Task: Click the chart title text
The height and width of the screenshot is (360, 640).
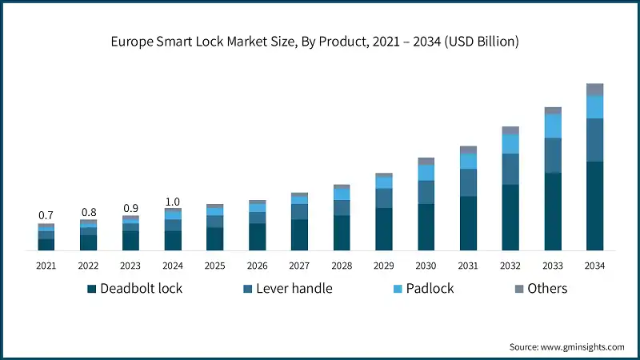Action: pos(320,42)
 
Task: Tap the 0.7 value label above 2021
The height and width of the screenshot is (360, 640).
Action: pos(46,215)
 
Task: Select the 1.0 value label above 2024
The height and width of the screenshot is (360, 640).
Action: pos(173,201)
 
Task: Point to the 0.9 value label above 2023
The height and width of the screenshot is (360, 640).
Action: pos(130,208)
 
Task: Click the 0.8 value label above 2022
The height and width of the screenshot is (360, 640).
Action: pos(88,212)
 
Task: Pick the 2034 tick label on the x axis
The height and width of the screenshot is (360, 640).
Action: pos(594,266)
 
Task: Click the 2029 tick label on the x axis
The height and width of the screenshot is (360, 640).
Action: pos(384,266)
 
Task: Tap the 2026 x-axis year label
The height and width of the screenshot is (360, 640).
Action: pos(258,266)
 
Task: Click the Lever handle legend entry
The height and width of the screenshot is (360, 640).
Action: pos(286,289)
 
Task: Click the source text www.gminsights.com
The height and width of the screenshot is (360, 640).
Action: pos(566,347)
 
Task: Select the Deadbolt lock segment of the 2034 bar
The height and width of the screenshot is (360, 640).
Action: pos(594,206)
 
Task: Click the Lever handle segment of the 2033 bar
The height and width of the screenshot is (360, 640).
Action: pos(553,155)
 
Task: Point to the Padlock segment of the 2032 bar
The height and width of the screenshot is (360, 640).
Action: pos(510,143)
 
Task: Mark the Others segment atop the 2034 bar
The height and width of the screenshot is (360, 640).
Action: pos(594,89)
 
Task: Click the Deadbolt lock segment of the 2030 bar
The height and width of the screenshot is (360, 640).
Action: pos(426,227)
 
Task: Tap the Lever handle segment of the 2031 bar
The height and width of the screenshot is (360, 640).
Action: pos(468,182)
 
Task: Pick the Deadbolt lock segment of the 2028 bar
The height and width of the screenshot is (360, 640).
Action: pos(342,233)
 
